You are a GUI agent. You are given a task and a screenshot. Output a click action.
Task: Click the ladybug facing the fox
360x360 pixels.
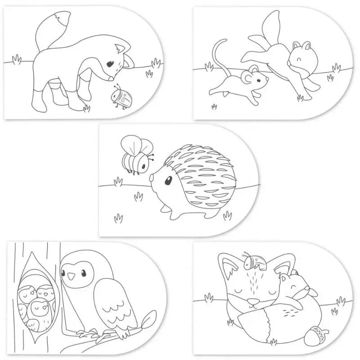coord(119,97)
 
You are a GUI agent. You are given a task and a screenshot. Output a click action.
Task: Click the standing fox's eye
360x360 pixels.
coord(110,65)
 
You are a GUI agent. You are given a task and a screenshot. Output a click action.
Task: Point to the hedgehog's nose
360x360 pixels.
coord(152,178)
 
